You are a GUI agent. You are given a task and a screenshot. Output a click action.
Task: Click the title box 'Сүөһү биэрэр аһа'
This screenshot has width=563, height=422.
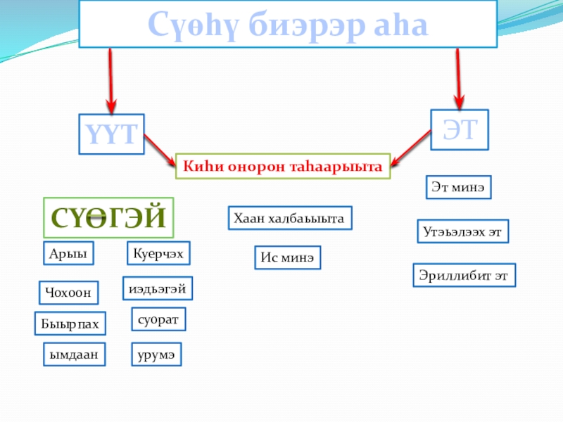pyautogui.click(x=287, y=24)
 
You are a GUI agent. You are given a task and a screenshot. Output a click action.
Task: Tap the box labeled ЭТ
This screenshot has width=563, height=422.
pyautogui.click(x=459, y=129)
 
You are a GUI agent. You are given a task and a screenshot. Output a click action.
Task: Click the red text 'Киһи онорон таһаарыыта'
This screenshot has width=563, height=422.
pyautogui.click(x=282, y=166)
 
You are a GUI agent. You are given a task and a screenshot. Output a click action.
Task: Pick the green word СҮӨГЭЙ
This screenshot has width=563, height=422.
pyautogui.click(x=108, y=217)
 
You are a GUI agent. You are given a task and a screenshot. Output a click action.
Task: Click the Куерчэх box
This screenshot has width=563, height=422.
pyautogui.click(x=159, y=253)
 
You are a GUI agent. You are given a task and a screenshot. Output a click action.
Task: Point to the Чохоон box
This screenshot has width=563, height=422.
pyautogui.click(x=68, y=292)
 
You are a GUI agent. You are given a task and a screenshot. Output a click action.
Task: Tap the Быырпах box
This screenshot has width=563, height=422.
pyautogui.click(x=70, y=323)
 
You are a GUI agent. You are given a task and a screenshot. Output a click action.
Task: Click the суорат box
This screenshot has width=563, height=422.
pyautogui.click(x=158, y=319)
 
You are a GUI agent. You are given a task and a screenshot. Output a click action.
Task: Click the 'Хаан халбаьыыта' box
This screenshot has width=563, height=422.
pyautogui.click(x=289, y=219)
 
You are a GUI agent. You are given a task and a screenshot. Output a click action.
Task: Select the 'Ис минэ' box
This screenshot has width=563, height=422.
pyautogui.click(x=286, y=258)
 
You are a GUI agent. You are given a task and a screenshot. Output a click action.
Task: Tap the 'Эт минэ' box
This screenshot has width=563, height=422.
pyautogui.click(x=459, y=188)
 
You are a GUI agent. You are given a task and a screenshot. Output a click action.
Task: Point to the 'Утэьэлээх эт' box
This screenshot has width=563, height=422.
pyautogui.click(x=463, y=231)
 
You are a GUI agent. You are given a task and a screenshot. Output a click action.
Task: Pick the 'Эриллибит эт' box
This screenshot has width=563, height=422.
pyautogui.click(x=464, y=275)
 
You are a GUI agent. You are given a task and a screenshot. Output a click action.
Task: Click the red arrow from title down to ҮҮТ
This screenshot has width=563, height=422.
pyautogui.click(x=110, y=76)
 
